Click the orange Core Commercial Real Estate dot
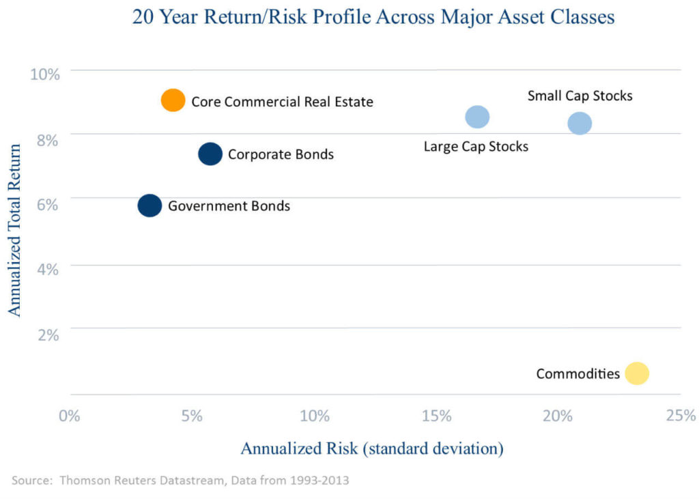[x=173, y=100]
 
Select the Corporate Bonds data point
[x=210, y=154]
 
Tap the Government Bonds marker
[x=149, y=205]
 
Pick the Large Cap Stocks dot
[x=477, y=117]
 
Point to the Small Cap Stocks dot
[x=579, y=124]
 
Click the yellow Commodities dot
[x=636, y=373]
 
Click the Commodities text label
[x=577, y=374]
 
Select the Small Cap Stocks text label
[x=580, y=96]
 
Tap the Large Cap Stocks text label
[x=476, y=146]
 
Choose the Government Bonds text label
[x=229, y=205]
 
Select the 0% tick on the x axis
[x=70, y=416]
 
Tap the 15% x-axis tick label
[x=437, y=416]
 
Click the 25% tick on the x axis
[x=681, y=416]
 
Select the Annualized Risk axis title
[x=372, y=448]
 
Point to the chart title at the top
[x=373, y=17]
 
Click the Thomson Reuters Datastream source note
[x=180, y=480]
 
